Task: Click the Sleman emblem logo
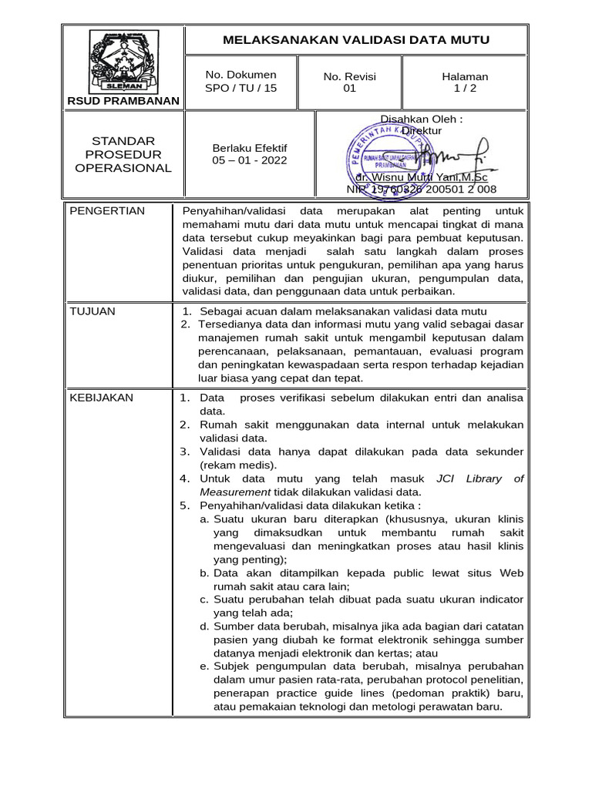[124, 62]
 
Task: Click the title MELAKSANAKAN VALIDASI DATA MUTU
[356, 40]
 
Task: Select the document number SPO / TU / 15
[240, 88]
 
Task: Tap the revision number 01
[349, 88]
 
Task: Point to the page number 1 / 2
[465, 88]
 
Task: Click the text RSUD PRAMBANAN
[123, 101]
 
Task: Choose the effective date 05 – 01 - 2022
[249, 160]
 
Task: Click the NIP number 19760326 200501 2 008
[422, 189]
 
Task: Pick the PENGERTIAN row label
[107, 211]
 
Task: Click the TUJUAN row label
[92, 311]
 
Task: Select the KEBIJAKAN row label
[101, 398]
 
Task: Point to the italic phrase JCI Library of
[479, 478]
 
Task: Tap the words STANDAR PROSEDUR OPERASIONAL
[123, 154]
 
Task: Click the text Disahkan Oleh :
[422, 119]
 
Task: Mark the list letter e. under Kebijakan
[204, 666]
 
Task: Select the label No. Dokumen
[240, 75]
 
